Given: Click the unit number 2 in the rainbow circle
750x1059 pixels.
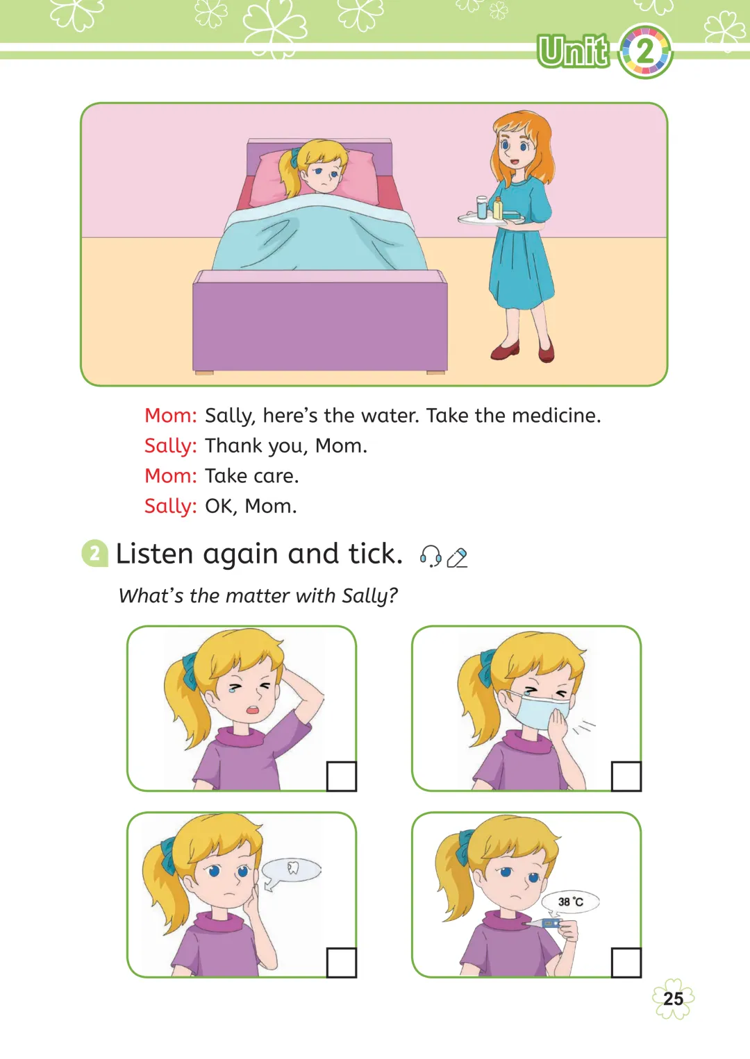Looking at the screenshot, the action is pyautogui.click(x=644, y=51).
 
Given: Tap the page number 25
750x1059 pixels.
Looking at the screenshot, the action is pyautogui.click(x=673, y=999).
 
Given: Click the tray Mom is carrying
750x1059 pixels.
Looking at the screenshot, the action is pyautogui.click(x=491, y=219).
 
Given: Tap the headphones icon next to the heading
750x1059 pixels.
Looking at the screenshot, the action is pyautogui.click(x=431, y=556).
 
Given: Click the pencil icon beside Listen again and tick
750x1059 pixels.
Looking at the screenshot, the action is pyautogui.click(x=457, y=557).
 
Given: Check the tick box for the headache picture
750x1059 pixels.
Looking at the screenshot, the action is pyautogui.click(x=341, y=776).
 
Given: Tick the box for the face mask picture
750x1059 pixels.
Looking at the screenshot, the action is pyautogui.click(x=626, y=776).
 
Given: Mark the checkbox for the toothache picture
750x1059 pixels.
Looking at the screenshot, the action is pyautogui.click(x=341, y=962).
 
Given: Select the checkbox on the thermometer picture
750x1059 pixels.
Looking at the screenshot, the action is pyautogui.click(x=626, y=962).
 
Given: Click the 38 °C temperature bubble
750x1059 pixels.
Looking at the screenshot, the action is pyautogui.click(x=570, y=902).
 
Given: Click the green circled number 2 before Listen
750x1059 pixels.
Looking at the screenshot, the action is pyautogui.click(x=94, y=553).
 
